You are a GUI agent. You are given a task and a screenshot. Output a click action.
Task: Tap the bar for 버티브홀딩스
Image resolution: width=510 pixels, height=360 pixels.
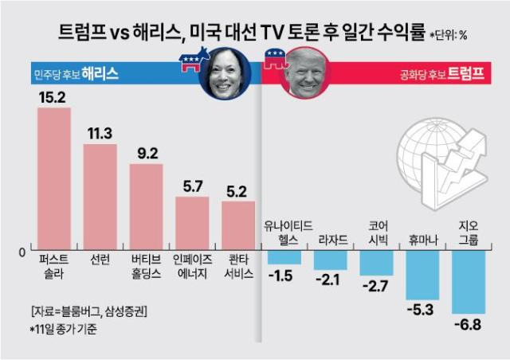(x=147, y=207)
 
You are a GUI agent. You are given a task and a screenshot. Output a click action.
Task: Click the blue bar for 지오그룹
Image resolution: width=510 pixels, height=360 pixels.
(x=468, y=282)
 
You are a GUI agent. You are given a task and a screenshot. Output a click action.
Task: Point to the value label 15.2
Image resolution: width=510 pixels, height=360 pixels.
(x=54, y=97)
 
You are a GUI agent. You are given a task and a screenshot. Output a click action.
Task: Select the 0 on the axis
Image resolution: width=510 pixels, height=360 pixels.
(x=25, y=252)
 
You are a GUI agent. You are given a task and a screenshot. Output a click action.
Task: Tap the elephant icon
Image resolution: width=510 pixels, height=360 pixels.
(x=273, y=61)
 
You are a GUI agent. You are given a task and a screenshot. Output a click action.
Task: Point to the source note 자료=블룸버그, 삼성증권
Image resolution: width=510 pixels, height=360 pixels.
(x=88, y=310)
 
